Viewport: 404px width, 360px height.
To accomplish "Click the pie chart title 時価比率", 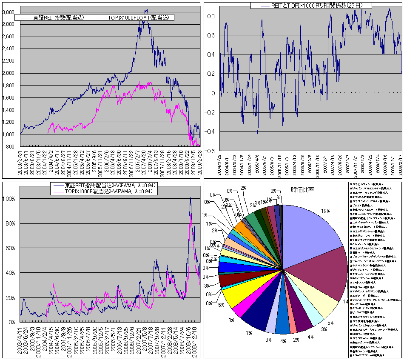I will click(x=302, y=189).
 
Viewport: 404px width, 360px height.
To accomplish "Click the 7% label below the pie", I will click(x=248, y=333).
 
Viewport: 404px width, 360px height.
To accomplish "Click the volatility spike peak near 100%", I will click(x=190, y=198).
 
